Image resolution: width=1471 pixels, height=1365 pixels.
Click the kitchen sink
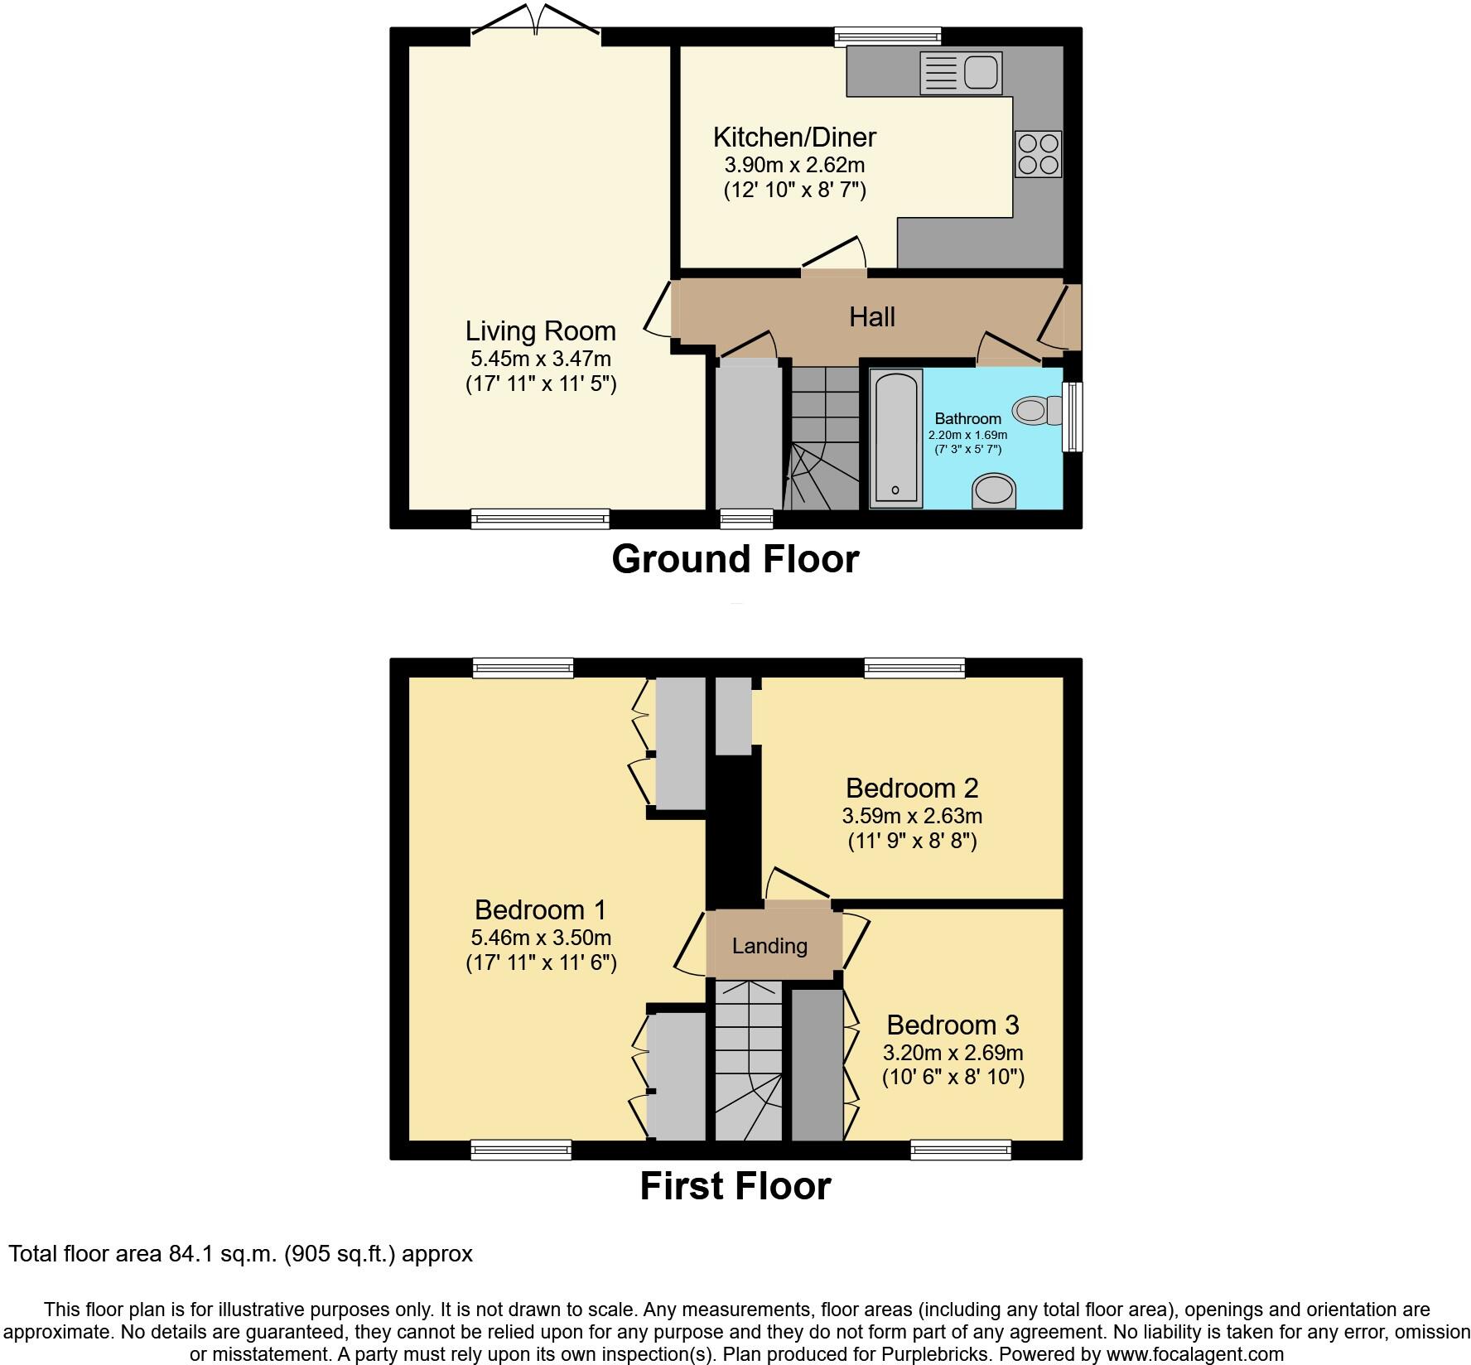(961, 72)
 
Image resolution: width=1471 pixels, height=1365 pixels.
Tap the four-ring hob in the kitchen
(1039, 154)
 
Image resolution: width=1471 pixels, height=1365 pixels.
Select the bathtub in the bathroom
(896, 437)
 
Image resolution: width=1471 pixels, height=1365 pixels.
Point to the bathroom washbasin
(993, 490)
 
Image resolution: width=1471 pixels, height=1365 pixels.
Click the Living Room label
(540, 331)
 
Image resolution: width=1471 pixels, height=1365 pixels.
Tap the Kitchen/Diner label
(793, 137)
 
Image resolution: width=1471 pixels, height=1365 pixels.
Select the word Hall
(871, 317)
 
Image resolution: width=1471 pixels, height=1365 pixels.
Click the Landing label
(769, 946)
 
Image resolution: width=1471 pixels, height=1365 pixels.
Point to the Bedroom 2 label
(911, 788)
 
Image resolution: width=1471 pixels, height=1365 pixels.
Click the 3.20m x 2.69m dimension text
(953, 1053)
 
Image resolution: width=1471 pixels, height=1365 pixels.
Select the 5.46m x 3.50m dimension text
(541, 938)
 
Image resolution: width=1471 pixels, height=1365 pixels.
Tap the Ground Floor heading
(735, 560)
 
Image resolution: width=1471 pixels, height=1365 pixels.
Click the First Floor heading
(735, 1186)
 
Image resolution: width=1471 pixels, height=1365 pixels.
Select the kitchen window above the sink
(888, 36)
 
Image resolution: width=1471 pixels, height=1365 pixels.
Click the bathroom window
(1073, 417)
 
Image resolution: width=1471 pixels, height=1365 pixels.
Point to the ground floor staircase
(825, 439)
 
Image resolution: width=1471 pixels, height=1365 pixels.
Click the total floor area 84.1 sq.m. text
(240, 1254)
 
